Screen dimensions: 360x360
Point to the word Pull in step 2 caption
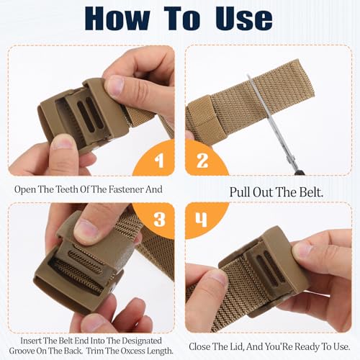(241, 192)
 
